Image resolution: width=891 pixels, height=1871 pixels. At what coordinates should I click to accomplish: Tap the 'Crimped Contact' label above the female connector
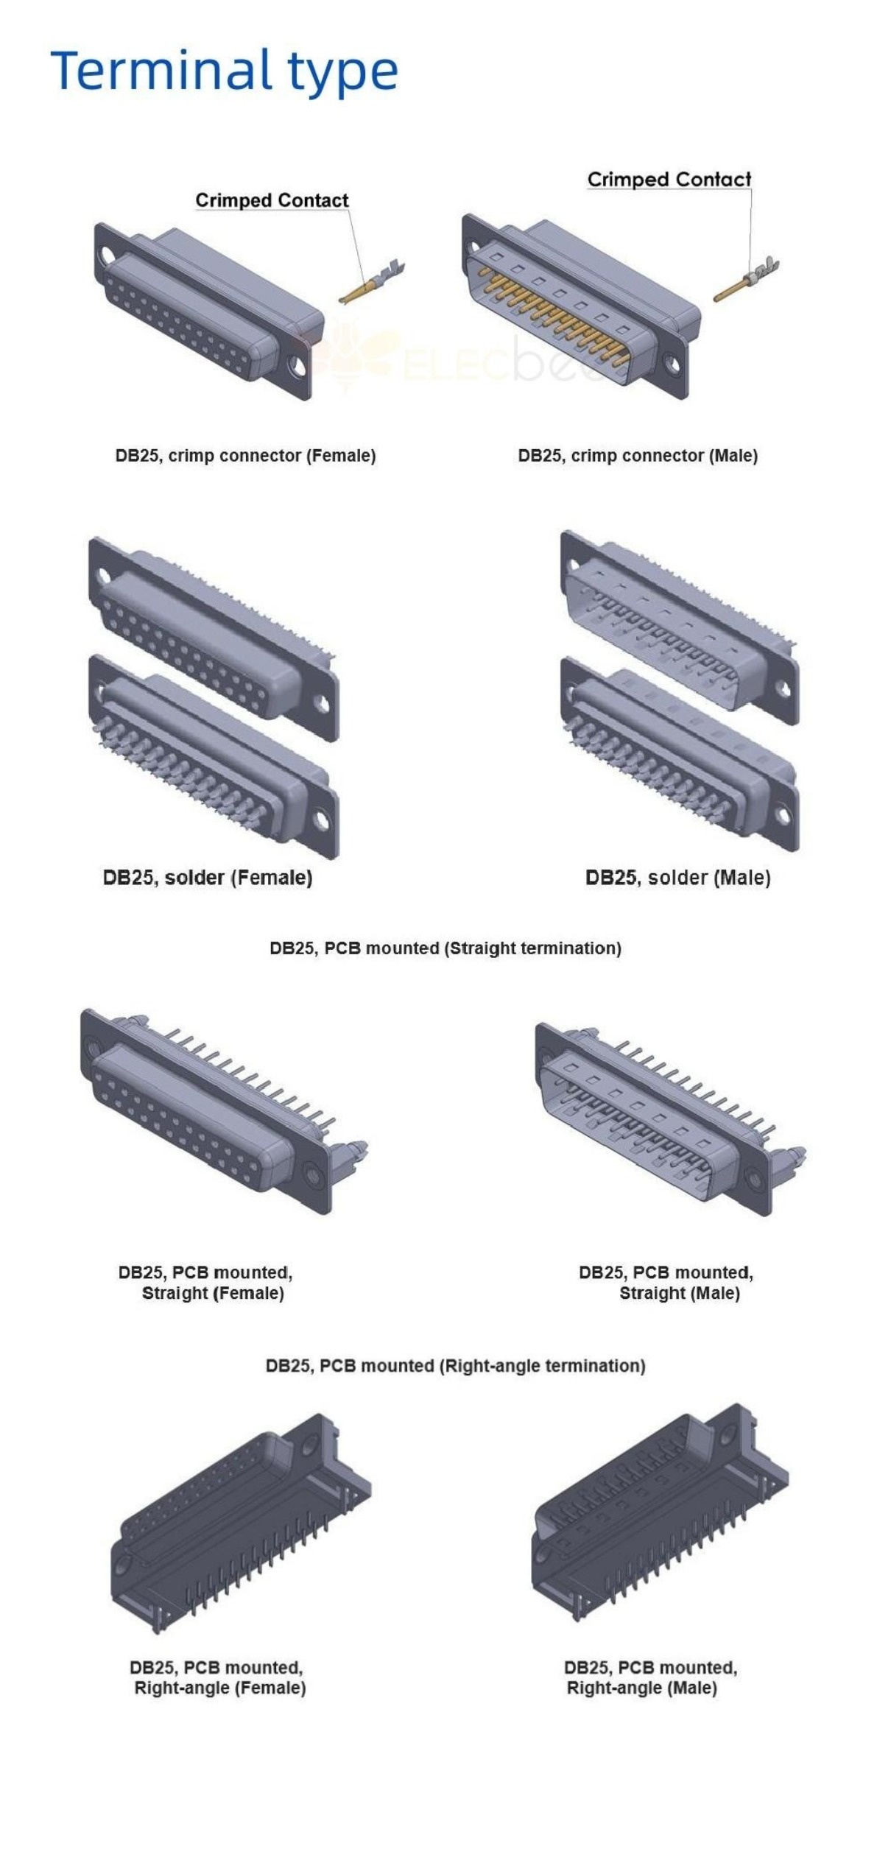click(x=272, y=200)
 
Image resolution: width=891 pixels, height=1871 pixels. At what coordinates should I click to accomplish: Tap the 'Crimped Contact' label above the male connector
click(x=669, y=180)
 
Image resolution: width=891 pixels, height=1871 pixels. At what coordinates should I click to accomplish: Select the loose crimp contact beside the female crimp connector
click(x=373, y=282)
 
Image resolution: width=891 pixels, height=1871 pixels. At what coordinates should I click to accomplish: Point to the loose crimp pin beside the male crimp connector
click(x=746, y=280)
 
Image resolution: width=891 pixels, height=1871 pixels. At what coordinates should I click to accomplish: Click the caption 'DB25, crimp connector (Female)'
click(x=245, y=456)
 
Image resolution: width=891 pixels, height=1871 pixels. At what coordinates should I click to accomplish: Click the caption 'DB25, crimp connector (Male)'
click(x=638, y=456)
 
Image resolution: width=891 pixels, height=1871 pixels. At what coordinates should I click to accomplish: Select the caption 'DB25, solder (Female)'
click(x=208, y=878)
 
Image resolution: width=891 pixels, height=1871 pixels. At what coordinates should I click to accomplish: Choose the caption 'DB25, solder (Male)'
click(x=677, y=878)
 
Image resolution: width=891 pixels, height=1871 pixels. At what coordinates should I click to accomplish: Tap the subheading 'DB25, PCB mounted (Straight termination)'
click(x=445, y=948)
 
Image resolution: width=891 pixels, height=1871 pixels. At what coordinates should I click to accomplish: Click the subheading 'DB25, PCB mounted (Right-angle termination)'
click(x=455, y=1366)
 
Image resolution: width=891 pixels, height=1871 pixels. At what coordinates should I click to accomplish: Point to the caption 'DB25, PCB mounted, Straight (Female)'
click(x=205, y=1283)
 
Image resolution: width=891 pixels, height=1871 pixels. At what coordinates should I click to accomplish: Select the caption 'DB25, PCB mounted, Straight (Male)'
click(x=666, y=1283)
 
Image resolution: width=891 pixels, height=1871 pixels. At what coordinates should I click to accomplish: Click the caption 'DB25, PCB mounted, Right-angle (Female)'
click(x=217, y=1677)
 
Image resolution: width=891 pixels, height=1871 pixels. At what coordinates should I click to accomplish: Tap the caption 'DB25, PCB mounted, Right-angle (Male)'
click(x=651, y=1677)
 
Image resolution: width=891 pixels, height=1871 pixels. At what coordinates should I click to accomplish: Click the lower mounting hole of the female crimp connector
click(x=298, y=364)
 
